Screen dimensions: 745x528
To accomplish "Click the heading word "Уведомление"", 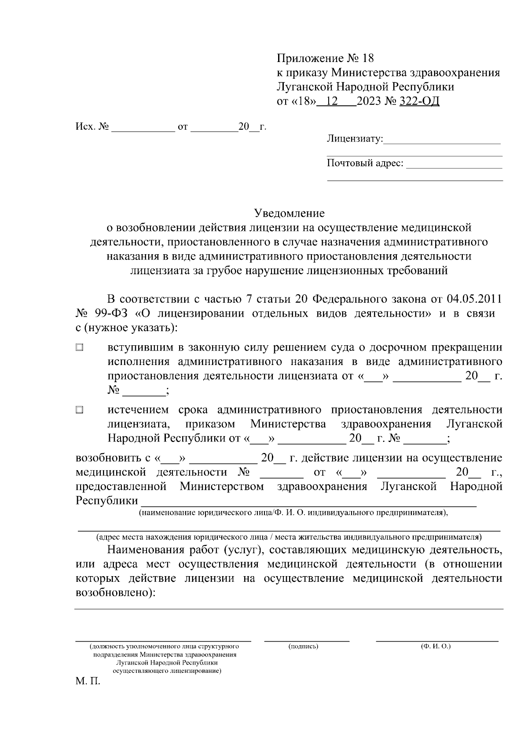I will (290, 213).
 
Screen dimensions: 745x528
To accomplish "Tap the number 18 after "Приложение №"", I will (366, 58).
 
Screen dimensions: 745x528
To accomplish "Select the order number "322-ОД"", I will (419, 102).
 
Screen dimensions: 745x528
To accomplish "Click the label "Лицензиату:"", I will (355, 139).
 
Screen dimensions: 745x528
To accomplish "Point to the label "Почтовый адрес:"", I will (365, 164).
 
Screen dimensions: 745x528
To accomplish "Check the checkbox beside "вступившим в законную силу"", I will (79, 348).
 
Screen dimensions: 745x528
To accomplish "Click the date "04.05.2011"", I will (474, 299).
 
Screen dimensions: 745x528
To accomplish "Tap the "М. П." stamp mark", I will (88, 683).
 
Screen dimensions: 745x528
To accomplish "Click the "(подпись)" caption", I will (303, 646).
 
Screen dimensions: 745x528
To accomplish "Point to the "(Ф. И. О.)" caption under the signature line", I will (436, 646).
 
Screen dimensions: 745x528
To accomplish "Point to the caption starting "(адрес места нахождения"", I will (289, 537).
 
